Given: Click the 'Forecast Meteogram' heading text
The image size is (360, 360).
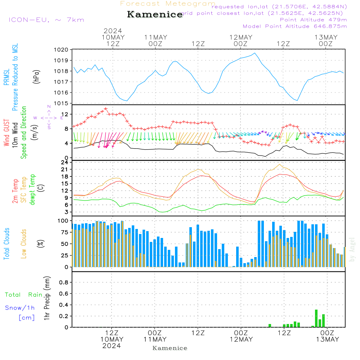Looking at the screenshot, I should tap(168, 4).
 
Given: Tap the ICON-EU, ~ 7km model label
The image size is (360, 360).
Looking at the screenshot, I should tap(46, 20).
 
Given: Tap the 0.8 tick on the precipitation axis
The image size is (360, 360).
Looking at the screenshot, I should tap(64, 283).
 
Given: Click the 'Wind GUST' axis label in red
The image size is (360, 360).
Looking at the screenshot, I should tap(7, 134).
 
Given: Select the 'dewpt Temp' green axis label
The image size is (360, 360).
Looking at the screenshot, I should tap(33, 190).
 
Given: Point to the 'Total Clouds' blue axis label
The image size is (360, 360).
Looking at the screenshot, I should tap(7, 243).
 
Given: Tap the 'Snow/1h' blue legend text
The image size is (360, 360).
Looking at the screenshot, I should tap(20, 308).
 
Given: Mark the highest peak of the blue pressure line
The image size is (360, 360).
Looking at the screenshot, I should tap(255, 53).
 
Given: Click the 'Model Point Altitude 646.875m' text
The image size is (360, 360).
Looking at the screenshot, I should tap(295, 26).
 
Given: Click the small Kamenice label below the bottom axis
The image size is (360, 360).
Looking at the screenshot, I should tap(170, 348).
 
